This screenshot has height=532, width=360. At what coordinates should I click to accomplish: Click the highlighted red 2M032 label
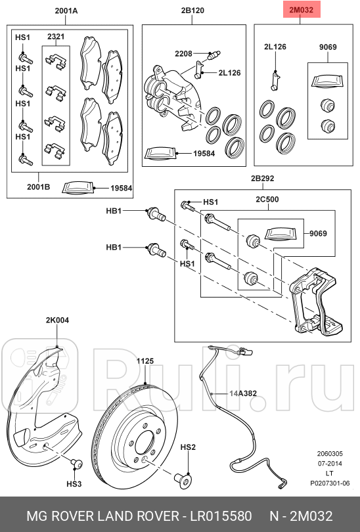(300, 11)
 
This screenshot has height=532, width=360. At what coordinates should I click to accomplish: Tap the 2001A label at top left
(66, 11)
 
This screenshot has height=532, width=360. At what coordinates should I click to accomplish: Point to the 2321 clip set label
(56, 36)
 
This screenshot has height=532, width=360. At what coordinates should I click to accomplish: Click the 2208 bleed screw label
(183, 53)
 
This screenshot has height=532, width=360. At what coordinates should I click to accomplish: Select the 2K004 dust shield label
(57, 321)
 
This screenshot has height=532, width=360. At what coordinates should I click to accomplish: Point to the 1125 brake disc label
(145, 361)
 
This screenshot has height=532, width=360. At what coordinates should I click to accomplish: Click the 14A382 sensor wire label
(242, 393)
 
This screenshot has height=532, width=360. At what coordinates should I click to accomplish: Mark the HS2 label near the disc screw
(188, 447)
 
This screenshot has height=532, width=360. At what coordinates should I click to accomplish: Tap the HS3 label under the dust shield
(74, 484)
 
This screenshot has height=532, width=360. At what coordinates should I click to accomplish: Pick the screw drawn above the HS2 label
(183, 479)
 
